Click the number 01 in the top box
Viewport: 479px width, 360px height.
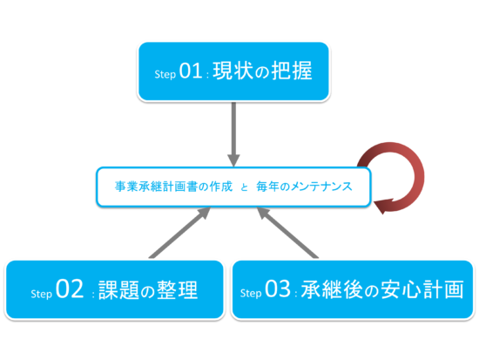(x=191, y=71)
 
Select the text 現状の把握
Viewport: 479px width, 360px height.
(x=262, y=71)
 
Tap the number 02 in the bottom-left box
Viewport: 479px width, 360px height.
(x=70, y=289)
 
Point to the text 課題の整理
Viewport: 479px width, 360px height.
(x=148, y=289)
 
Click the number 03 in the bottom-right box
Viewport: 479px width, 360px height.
(x=277, y=289)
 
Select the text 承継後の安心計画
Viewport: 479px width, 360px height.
(x=382, y=289)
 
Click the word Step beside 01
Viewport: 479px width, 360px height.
(x=165, y=74)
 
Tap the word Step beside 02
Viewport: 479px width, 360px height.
(x=41, y=294)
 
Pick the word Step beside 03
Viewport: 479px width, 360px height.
(x=251, y=293)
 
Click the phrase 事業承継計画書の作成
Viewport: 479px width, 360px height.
(x=173, y=187)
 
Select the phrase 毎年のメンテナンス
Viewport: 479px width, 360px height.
(x=304, y=187)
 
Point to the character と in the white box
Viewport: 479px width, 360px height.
(x=244, y=187)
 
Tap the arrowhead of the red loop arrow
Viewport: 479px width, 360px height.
(x=382, y=207)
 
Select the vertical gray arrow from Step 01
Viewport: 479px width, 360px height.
(x=233, y=134)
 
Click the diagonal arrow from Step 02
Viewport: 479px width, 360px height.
(x=179, y=233)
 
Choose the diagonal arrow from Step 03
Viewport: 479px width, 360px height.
(x=287, y=233)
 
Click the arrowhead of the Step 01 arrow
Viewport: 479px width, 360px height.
(x=233, y=160)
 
